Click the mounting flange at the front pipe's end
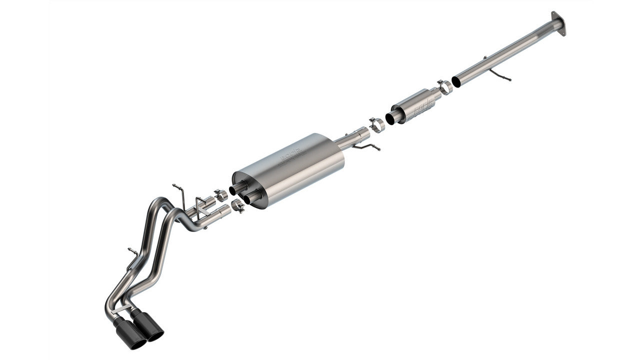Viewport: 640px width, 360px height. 558,23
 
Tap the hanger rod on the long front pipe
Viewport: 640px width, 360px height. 499,75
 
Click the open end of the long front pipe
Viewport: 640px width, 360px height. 456,81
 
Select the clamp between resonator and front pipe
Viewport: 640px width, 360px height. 444,87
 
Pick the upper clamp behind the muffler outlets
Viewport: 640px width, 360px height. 220,195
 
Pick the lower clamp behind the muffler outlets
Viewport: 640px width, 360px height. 238,205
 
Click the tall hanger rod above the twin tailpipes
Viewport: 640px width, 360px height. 179,195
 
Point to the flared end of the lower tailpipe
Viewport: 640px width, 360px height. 223,210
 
